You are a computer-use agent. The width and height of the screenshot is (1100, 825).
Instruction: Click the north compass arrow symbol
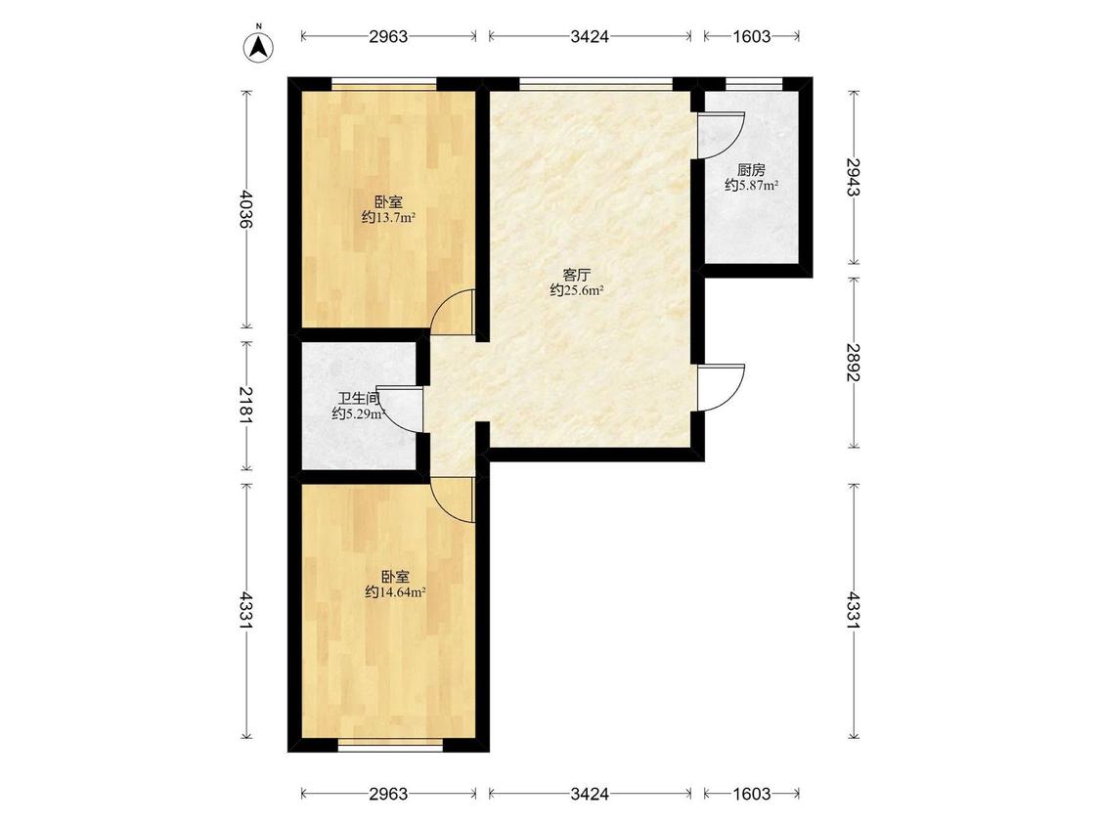[259, 47]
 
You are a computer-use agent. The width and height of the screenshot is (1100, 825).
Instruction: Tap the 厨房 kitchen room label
[751, 170]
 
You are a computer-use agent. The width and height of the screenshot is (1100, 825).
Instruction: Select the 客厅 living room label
[577, 275]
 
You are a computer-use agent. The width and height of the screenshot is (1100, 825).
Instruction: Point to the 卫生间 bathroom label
[358, 399]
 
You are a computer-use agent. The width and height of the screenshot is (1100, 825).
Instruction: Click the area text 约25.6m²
[577, 289]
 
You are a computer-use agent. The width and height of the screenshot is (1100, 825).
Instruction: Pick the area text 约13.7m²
[388, 217]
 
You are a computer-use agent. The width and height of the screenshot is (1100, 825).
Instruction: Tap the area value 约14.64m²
[396, 592]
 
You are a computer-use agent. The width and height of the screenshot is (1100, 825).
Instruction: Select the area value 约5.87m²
[751, 185]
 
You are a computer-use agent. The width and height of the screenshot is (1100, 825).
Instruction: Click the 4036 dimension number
[244, 208]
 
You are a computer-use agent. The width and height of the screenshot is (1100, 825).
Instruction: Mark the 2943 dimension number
[853, 177]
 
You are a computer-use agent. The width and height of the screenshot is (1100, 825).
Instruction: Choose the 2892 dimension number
[853, 362]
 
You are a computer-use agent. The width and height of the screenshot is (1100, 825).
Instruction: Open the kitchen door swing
[718, 136]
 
